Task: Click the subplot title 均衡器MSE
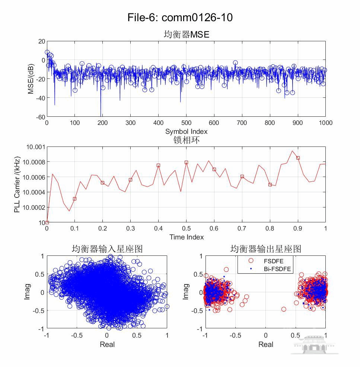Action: (186, 35)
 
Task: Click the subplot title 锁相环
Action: (186, 140)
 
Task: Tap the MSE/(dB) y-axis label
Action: (31, 79)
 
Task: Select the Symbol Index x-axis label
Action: (186, 131)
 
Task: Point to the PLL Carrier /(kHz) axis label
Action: (17, 184)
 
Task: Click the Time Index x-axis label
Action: (186, 237)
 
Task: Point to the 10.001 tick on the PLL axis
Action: (35, 147)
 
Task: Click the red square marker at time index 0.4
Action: (158, 165)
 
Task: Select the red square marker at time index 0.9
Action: (298, 158)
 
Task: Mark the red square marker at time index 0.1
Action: (74, 199)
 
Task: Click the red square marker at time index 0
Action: (47, 222)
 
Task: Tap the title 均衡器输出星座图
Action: (265, 249)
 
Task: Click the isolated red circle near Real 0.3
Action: (284, 309)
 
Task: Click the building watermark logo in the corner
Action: (313, 344)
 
